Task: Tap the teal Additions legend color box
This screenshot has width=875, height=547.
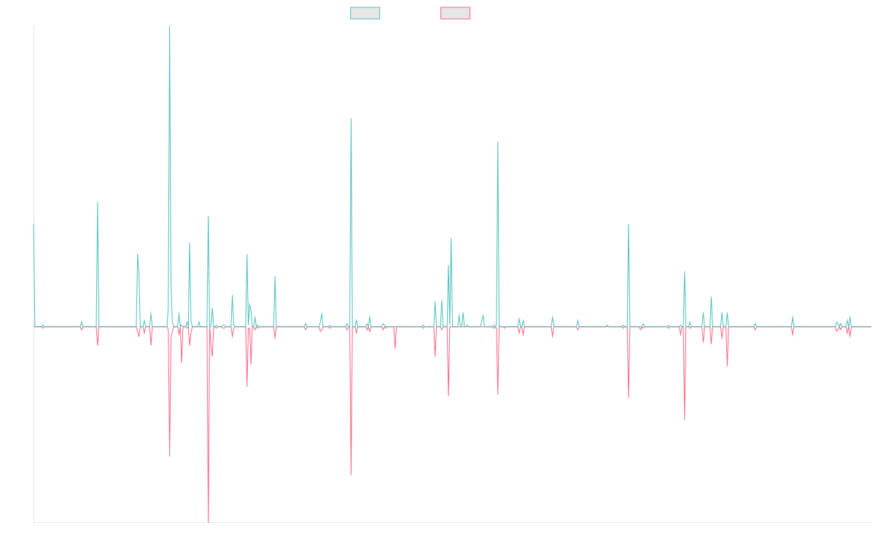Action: [365, 13]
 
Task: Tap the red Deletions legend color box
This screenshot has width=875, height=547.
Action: [456, 13]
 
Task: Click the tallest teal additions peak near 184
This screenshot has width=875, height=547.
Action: [170, 28]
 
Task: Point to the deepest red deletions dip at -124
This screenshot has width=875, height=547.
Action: [209, 522]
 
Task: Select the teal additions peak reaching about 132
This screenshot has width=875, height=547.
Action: [351, 118]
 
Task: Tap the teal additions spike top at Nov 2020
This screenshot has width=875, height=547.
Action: [498, 141]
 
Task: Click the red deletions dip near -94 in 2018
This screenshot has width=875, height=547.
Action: [351, 475]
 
